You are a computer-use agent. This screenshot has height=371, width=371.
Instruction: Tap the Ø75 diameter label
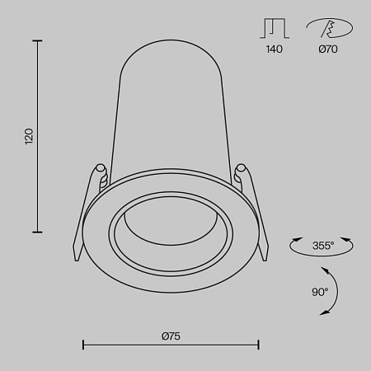(x=171, y=336)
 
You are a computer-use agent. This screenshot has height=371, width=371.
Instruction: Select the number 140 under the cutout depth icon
(x=275, y=49)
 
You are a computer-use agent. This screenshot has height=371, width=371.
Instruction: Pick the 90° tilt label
(x=320, y=291)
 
